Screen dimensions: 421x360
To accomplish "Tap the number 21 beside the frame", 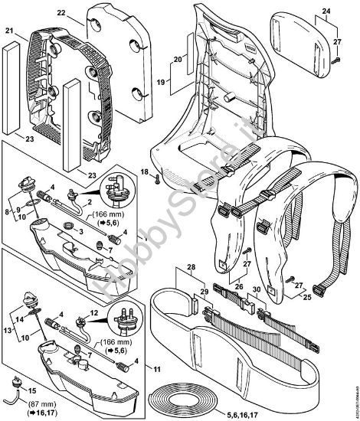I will [9, 31].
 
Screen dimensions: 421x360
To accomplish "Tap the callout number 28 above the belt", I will [191, 268].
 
